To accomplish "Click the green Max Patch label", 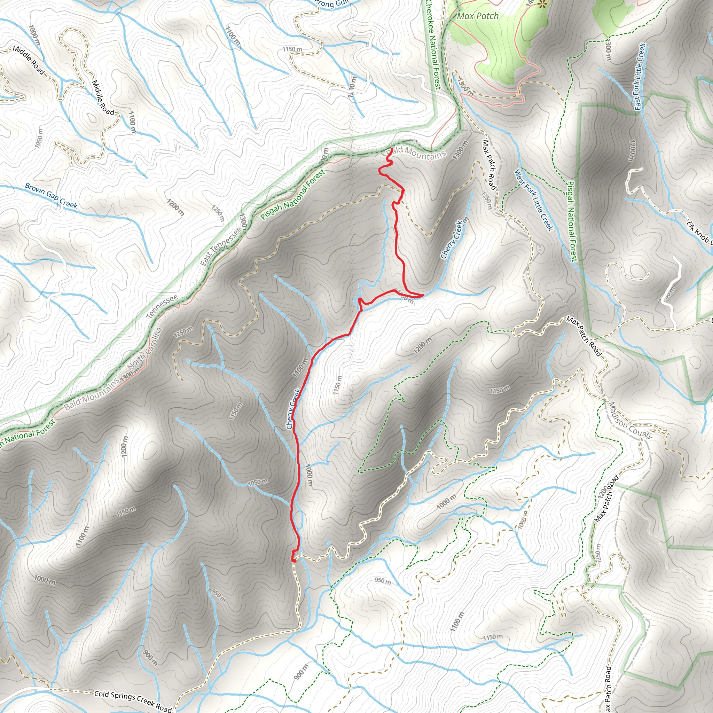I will coord(478,16).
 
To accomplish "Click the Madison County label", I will coord(629,420).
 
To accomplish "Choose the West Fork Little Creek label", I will coord(534,199).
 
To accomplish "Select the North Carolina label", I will coord(145,349).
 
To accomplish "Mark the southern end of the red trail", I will coord(294,561).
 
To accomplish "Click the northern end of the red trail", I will coord(391,149).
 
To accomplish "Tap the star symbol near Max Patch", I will coord(542,5).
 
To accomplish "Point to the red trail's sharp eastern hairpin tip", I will coord(422,295).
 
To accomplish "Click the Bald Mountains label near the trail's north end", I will coord(416,153).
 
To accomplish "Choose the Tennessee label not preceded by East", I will coord(162,306).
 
